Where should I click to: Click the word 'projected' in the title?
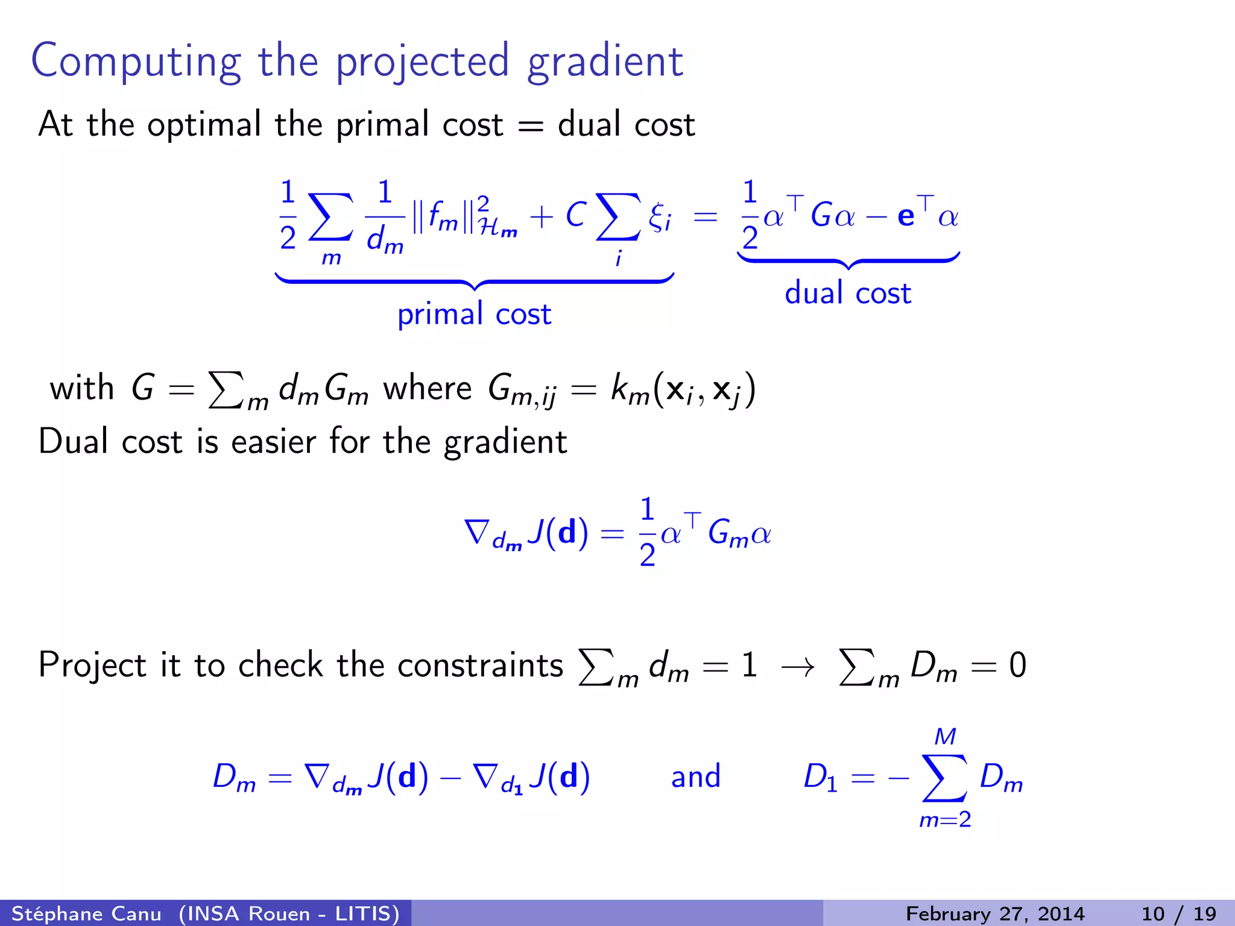click(x=422, y=62)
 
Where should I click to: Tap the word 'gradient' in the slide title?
click(x=605, y=62)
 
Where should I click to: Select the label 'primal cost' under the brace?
click(x=474, y=314)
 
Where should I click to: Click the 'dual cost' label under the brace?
click(x=847, y=294)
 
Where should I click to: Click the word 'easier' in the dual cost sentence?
click(x=273, y=441)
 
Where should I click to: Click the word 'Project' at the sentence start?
click(x=91, y=666)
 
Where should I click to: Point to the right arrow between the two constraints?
click(x=797, y=667)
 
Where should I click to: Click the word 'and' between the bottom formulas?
click(x=696, y=776)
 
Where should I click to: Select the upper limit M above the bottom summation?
click(x=945, y=737)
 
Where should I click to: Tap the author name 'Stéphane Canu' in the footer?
click(x=87, y=914)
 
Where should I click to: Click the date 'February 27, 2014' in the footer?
click(x=995, y=914)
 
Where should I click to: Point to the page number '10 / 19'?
click(x=1178, y=914)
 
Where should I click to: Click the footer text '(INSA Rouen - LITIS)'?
click(x=289, y=914)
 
